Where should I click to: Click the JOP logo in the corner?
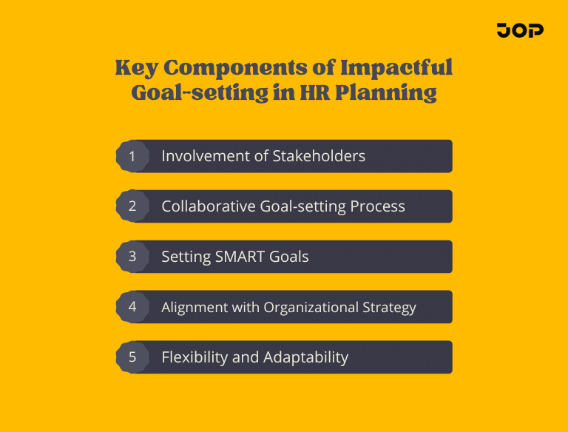[x=520, y=30]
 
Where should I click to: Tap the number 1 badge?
[x=132, y=156]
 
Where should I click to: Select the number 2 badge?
[x=132, y=206]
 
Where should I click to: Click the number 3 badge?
[x=132, y=257]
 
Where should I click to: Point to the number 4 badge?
[x=132, y=307]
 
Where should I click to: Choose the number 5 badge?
[x=132, y=357]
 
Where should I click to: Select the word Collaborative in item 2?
[x=209, y=206]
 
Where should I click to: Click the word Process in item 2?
[x=379, y=206]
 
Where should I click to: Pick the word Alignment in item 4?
[x=192, y=307]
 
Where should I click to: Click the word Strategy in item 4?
[x=388, y=307]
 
